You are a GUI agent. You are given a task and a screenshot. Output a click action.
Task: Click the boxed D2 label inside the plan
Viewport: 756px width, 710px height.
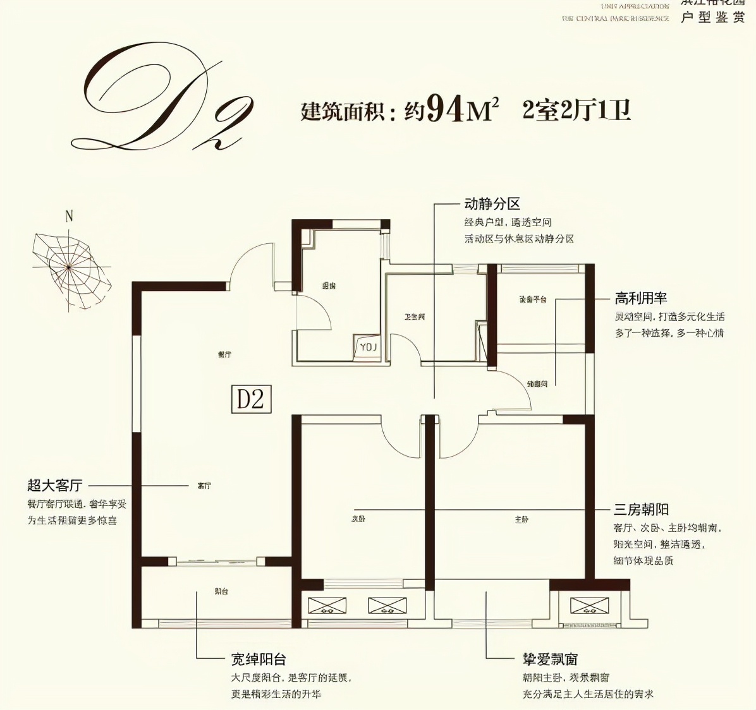[251, 399]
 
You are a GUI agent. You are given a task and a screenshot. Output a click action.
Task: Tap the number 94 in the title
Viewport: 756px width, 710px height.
[446, 109]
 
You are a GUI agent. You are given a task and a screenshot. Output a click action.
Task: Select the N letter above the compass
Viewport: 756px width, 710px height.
[69, 216]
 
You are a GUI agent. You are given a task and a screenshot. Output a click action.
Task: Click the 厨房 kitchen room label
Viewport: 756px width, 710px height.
[329, 286]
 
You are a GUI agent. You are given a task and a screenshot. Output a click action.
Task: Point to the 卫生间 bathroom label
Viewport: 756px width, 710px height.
[415, 316]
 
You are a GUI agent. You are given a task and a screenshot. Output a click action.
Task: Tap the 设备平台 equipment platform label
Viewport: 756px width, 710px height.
[532, 299]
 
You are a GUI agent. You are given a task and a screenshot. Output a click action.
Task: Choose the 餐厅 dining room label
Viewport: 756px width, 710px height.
[224, 354]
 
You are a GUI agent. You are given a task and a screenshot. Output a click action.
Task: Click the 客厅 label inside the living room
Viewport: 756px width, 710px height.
[204, 486]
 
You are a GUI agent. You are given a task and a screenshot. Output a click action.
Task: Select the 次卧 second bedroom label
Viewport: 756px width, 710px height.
[358, 519]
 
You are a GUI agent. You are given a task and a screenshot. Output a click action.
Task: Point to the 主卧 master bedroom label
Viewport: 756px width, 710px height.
[521, 519]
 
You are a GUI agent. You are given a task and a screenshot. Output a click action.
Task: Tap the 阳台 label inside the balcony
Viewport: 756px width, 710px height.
[221, 591]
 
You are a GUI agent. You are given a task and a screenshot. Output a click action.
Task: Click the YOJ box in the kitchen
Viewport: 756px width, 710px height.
[368, 347]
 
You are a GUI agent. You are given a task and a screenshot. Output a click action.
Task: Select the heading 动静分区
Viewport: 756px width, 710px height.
[492, 204]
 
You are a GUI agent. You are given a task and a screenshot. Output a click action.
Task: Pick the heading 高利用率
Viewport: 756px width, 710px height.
[641, 298]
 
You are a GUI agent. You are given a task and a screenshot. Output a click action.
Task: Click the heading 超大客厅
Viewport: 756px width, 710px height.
[55, 485]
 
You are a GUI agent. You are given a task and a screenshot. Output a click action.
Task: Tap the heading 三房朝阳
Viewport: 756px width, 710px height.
[641, 510]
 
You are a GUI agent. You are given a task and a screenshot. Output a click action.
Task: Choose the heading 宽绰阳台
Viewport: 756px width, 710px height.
[259, 659]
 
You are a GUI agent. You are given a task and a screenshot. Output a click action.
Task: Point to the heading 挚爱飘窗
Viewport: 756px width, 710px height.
[550, 659]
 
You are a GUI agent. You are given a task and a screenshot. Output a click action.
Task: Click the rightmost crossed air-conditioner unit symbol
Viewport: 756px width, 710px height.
[589, 606]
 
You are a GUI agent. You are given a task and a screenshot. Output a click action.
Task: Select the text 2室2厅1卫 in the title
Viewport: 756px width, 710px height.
[576, 110]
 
